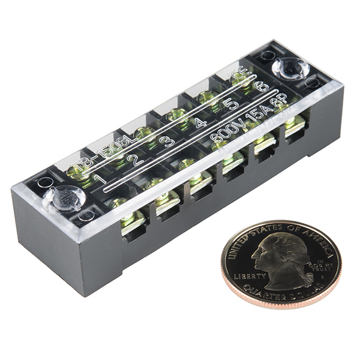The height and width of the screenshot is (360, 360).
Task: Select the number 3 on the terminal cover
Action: [x=169, y=142]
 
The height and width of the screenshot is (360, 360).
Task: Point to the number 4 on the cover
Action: [x=200, y=124]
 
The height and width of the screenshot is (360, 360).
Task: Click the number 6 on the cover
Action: [x=260, y=87]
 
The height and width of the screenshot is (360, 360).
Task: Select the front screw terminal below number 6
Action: [x=293, y=125]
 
